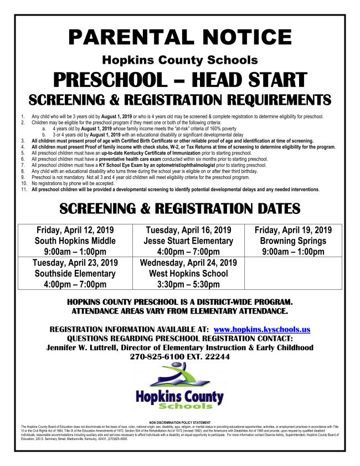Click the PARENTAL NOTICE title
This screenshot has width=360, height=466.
[x=180, y=37]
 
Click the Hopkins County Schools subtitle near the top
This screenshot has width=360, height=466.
[x=180, y=60]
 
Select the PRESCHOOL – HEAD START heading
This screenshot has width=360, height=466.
[x=180, y=79]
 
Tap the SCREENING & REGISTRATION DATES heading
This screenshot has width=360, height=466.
[x=180, y=209]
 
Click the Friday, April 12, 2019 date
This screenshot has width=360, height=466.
[x=75, y=231]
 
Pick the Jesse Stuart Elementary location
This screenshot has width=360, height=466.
[x=188, y=241]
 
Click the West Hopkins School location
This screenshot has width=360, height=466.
[x=188, y=274]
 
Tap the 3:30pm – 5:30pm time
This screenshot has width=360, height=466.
[x=188, y=284]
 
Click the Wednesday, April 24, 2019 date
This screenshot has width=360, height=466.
[x=188, y=263]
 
